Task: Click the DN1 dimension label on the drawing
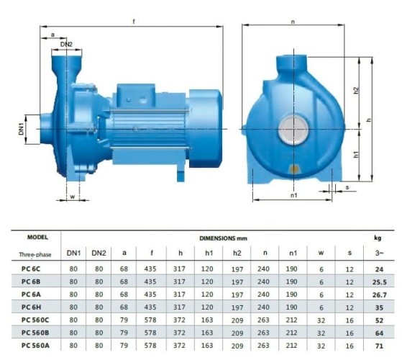click(x=21, y=129)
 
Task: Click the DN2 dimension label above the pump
click(x=66, y=45)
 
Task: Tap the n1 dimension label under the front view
click(x=294, y=195)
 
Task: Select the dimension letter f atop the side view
click(x=134, y=22)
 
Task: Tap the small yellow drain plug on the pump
click(x=293, y=170)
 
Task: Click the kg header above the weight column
click(x=378, y=237)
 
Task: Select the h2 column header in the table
click(x=237, y=253)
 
